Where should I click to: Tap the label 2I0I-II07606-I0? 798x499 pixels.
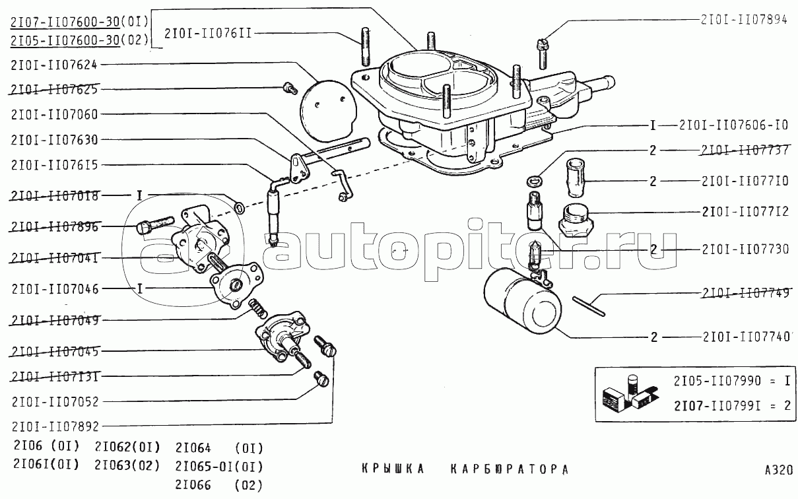(x=733, y=125)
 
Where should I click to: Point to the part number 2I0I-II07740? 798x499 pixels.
(x=745, y=337)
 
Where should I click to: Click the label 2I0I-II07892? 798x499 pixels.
(x=54, y=426)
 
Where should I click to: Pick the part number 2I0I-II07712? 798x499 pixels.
(x=745, y=213)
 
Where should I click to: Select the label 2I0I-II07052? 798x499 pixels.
(x=54, y=401)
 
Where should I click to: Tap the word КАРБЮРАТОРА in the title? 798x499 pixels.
(x=509, y=470)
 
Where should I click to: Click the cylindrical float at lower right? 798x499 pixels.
(x=522, y=304)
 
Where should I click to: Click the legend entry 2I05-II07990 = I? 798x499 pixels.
(x=732, y=381)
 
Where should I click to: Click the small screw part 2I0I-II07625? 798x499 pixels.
(x=288, y=87)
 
